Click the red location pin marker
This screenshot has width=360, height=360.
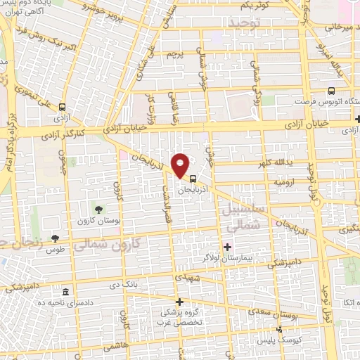coord(181,163)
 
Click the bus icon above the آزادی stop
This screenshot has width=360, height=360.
coord(63,108)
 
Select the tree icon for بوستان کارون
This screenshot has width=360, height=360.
coord(98,208)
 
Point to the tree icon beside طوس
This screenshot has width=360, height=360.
coord(55,239)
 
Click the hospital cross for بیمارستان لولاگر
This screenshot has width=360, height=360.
coord(227,247)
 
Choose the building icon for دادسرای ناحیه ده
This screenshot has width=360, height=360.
coord(65,292)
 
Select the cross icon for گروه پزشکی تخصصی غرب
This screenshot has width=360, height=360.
coord(180,301)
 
